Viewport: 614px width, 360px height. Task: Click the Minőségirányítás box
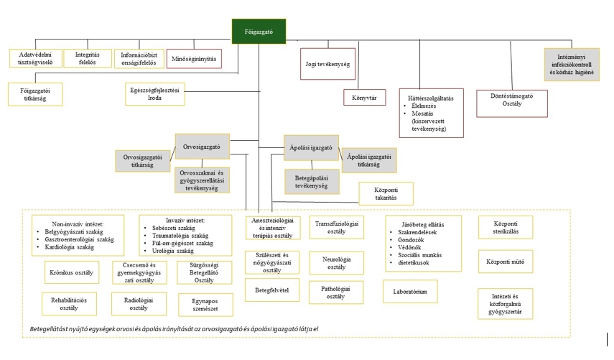(194, 58)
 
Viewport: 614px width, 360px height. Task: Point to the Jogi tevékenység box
(327, 65)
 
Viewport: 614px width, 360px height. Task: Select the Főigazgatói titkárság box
(35, 93)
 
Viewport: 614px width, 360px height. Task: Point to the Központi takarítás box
(386, 193)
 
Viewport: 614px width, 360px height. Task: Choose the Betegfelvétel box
(272, 290)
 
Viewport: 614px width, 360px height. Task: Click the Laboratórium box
(410, 292)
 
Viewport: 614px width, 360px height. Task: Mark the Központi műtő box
(506, 261)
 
